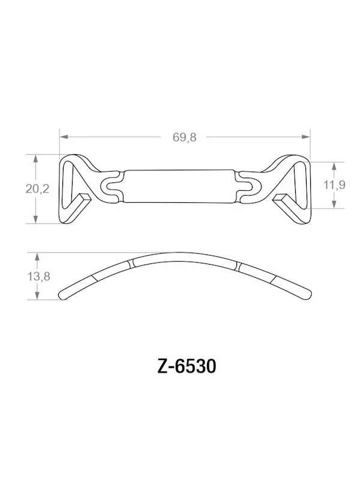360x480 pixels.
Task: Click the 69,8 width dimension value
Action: point(184,137)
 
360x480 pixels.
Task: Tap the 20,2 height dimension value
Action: point(37,188)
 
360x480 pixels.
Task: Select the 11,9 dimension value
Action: point(334,185)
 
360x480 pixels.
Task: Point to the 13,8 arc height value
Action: point(37,277)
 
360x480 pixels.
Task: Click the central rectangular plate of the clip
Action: point(180,187)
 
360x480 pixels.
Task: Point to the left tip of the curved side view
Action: point(62,295)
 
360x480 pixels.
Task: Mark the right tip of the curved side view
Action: point(310,294)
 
